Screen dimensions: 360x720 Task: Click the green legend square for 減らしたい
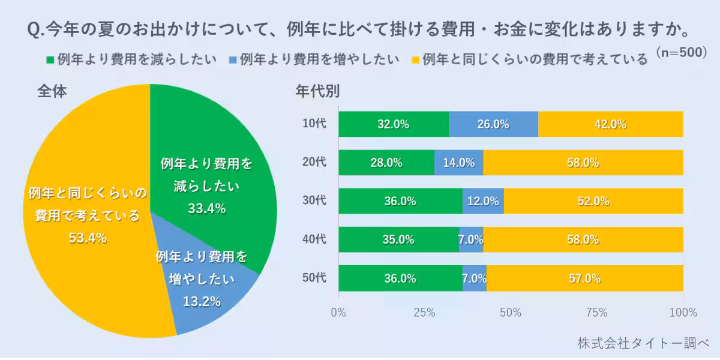50,60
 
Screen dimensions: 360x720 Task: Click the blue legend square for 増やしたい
233,60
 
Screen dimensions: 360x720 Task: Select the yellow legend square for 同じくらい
415,60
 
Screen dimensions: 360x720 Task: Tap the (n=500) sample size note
682,52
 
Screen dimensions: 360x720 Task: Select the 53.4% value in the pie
88,238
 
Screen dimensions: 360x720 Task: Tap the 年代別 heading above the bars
317,91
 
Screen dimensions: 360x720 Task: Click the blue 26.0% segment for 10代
493,124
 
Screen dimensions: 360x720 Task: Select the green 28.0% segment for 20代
386,163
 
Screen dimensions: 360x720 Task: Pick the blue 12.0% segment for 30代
483,201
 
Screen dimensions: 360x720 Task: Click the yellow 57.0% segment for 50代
585,278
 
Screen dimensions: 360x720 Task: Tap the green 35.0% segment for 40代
398,239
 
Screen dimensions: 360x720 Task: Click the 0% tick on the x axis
338,312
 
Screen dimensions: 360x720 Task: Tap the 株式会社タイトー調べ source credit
643,343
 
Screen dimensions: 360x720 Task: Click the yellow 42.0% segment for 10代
611,124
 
